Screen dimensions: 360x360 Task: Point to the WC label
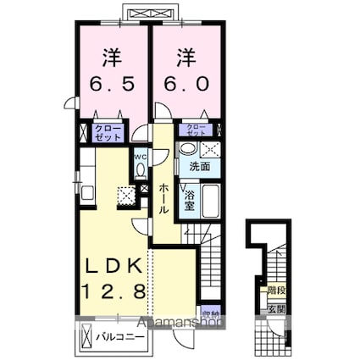[140, 157]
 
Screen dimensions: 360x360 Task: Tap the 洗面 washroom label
[199, 166]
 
